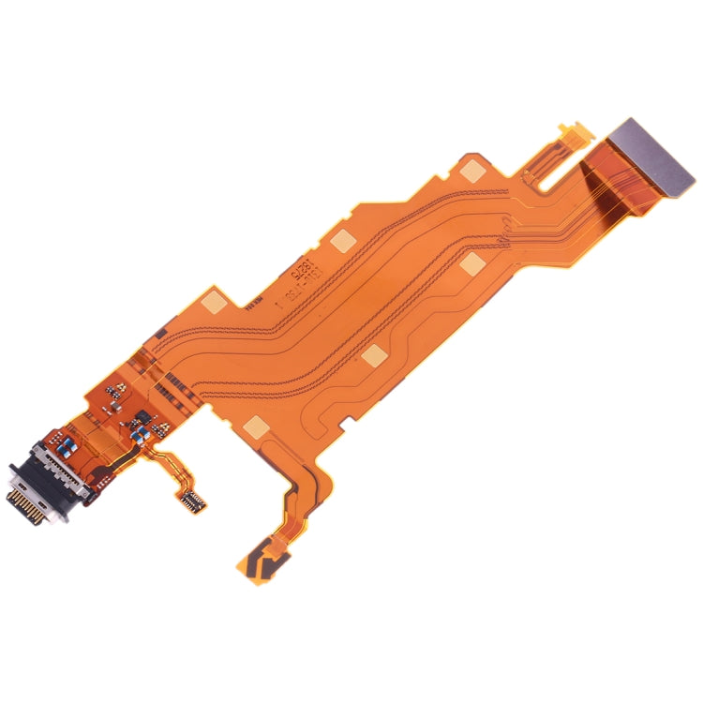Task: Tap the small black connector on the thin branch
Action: [x=194, y=498]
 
